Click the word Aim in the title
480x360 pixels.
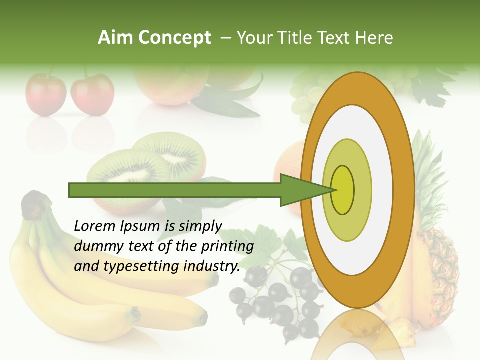point(115,38)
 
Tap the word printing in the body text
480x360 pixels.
point(230,246)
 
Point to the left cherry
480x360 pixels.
point(46,95)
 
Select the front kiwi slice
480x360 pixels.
point(127,170)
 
